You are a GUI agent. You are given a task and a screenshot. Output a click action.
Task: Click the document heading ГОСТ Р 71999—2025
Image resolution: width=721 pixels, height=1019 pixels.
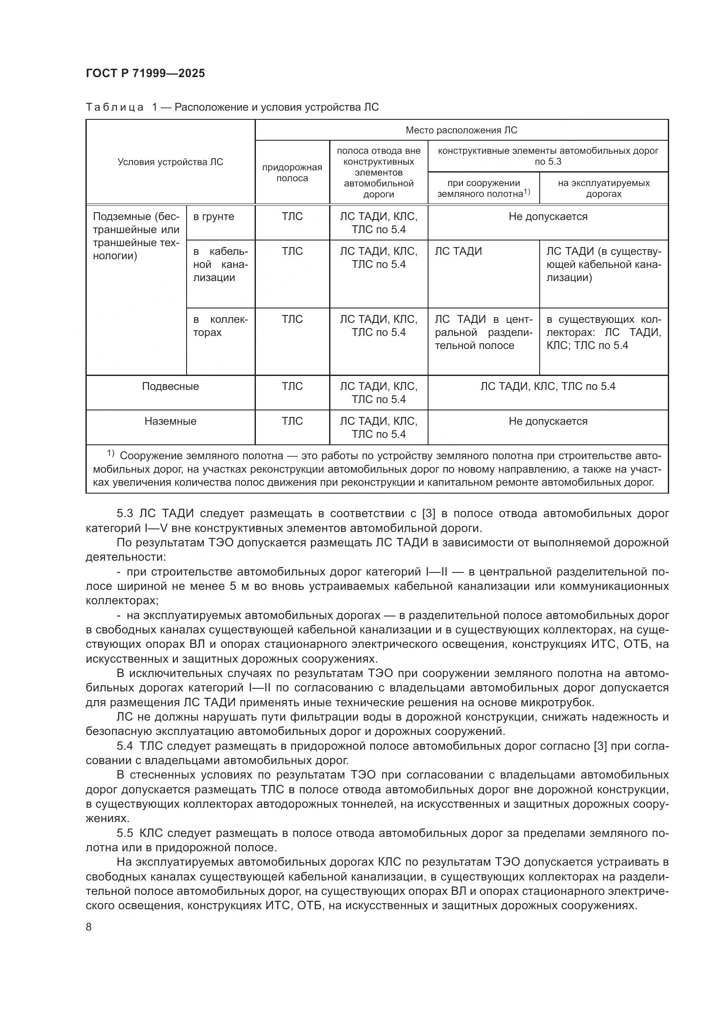(x=145, y=73)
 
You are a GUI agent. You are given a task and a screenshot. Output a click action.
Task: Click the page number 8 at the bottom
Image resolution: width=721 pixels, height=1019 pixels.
(x=89, y=927)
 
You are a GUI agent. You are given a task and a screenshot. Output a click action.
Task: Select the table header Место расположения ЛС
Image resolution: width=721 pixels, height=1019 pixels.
(x=461, y=130)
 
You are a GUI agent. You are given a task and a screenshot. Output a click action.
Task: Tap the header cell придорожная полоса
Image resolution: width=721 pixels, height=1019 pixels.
(x=292, y=173)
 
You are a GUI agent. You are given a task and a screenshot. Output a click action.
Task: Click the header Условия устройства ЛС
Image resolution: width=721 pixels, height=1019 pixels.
(x=170, y=162)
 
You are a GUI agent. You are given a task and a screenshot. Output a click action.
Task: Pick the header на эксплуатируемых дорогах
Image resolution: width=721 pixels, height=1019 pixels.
(x=603, y=188)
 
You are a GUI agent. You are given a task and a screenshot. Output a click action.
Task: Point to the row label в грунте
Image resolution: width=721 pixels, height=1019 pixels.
(x=214, y=217)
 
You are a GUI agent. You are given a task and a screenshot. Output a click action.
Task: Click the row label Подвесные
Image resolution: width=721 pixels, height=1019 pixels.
(x=170, y=386)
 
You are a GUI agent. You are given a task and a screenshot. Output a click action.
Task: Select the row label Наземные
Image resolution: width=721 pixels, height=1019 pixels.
(x=170, y=421)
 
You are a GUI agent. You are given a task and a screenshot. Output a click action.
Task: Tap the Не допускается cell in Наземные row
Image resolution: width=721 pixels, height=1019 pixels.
(x=548, y=421)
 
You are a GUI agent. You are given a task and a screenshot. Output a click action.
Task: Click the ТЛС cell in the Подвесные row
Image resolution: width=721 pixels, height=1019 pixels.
(x=292, y=386)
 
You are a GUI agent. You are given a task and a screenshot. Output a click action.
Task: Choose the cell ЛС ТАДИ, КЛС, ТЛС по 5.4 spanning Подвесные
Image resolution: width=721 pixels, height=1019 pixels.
(x=548, y=386)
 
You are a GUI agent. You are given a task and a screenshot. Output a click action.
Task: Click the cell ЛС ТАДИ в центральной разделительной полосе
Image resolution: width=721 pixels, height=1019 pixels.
(x=483, y=332)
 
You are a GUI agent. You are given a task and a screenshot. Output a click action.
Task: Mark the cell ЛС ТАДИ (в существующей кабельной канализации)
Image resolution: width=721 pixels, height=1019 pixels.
(x=603, y=264)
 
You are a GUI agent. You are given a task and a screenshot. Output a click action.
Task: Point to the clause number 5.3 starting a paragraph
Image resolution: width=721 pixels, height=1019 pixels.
(x=125, y=514)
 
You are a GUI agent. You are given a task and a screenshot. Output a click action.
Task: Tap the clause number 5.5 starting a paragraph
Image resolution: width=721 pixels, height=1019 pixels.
(x=125, y=833)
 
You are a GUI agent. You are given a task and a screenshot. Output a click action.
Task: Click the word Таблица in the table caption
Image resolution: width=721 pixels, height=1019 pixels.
(x=114, y=107)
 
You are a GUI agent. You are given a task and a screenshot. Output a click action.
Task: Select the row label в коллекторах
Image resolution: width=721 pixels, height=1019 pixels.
(x=220, y=326)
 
